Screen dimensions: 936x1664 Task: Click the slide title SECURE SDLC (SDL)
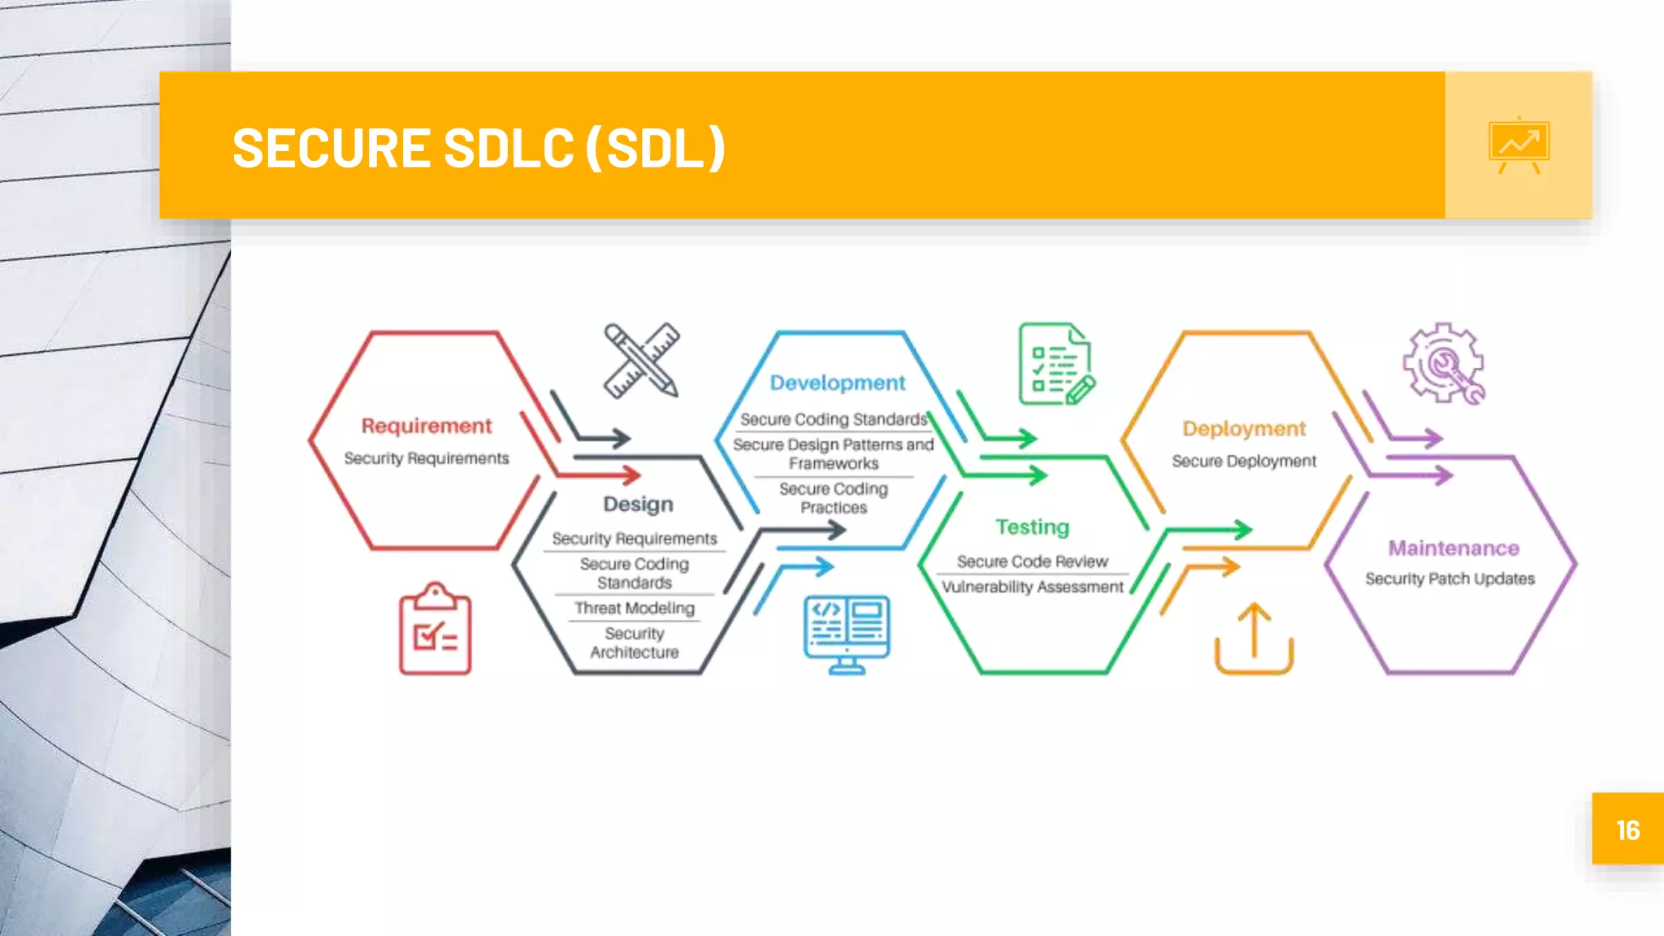(479, 148)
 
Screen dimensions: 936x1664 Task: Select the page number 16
(1627, 830)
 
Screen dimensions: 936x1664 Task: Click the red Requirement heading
(427, 426)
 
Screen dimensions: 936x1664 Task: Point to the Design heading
(638, 505)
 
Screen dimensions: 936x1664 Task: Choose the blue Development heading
(838, 383)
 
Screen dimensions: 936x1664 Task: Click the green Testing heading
(1033, 527)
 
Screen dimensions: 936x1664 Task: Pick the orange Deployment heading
(1244, 429)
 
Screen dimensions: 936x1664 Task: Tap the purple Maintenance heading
(1454, 548)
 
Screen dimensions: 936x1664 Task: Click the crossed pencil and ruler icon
(642, 361)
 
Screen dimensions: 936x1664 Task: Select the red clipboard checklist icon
(435, 629)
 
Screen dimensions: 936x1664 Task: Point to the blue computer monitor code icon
(847, 634)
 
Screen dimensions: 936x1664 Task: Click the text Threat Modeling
(635, 608)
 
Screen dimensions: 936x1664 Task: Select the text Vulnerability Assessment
(1033, 587)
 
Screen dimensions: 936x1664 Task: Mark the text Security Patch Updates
(1449, 578)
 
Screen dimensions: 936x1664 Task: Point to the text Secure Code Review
(1032, 561)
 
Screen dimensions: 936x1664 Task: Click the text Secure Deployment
(1244, 461)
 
